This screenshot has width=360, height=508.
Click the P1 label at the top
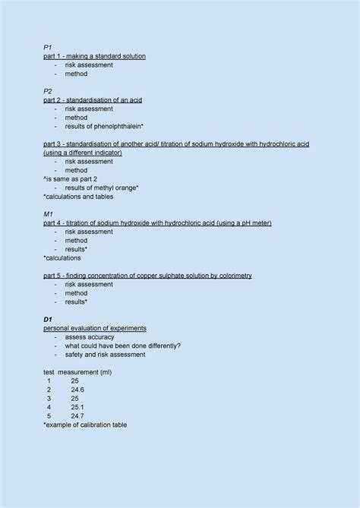click(48, 47)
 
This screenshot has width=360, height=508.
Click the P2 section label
click(48, 91)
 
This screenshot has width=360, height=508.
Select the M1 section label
click(49, 214)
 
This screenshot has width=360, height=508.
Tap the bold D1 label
click(48, 320)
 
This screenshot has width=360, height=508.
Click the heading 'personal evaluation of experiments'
click(95, 328)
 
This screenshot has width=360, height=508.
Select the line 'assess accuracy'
click(90, 337)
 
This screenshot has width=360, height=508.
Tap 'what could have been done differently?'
click(123, 346)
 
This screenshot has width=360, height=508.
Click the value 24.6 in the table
click(77, 390)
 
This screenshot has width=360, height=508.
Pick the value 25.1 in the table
click(77, 407)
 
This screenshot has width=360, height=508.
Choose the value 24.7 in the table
click(77, 416)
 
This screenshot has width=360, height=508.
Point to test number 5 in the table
click(49, 416)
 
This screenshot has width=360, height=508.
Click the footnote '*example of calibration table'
click(85, 425)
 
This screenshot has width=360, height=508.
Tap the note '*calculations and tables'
click(78, 197)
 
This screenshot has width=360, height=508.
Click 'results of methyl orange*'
click(102, 188)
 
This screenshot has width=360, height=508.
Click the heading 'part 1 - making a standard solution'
click(94, 56)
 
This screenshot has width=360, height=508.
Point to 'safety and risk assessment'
click(105, 355)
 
